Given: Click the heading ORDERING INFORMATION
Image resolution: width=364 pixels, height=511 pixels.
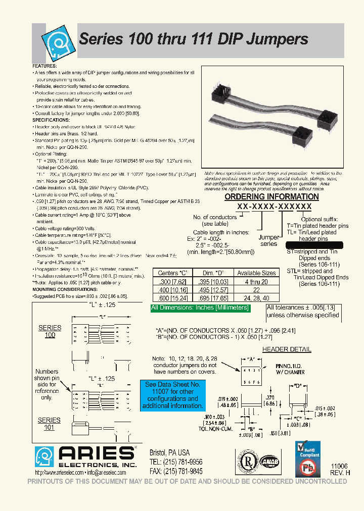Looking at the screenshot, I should [271, 196].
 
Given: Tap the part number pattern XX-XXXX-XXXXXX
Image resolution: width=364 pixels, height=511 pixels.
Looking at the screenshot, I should [275, 207].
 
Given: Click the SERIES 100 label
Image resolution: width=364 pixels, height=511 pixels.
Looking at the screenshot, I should [50, 331].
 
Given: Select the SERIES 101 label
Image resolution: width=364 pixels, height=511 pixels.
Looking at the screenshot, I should [49, 424].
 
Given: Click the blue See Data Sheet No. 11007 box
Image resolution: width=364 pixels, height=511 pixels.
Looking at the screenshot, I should [173, 395].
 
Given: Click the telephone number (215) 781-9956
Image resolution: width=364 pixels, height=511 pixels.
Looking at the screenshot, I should [176, 462].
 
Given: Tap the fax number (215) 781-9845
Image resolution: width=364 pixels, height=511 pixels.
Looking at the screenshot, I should [176, 471].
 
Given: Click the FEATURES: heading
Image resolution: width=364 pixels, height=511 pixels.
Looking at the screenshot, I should [45, 66].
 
